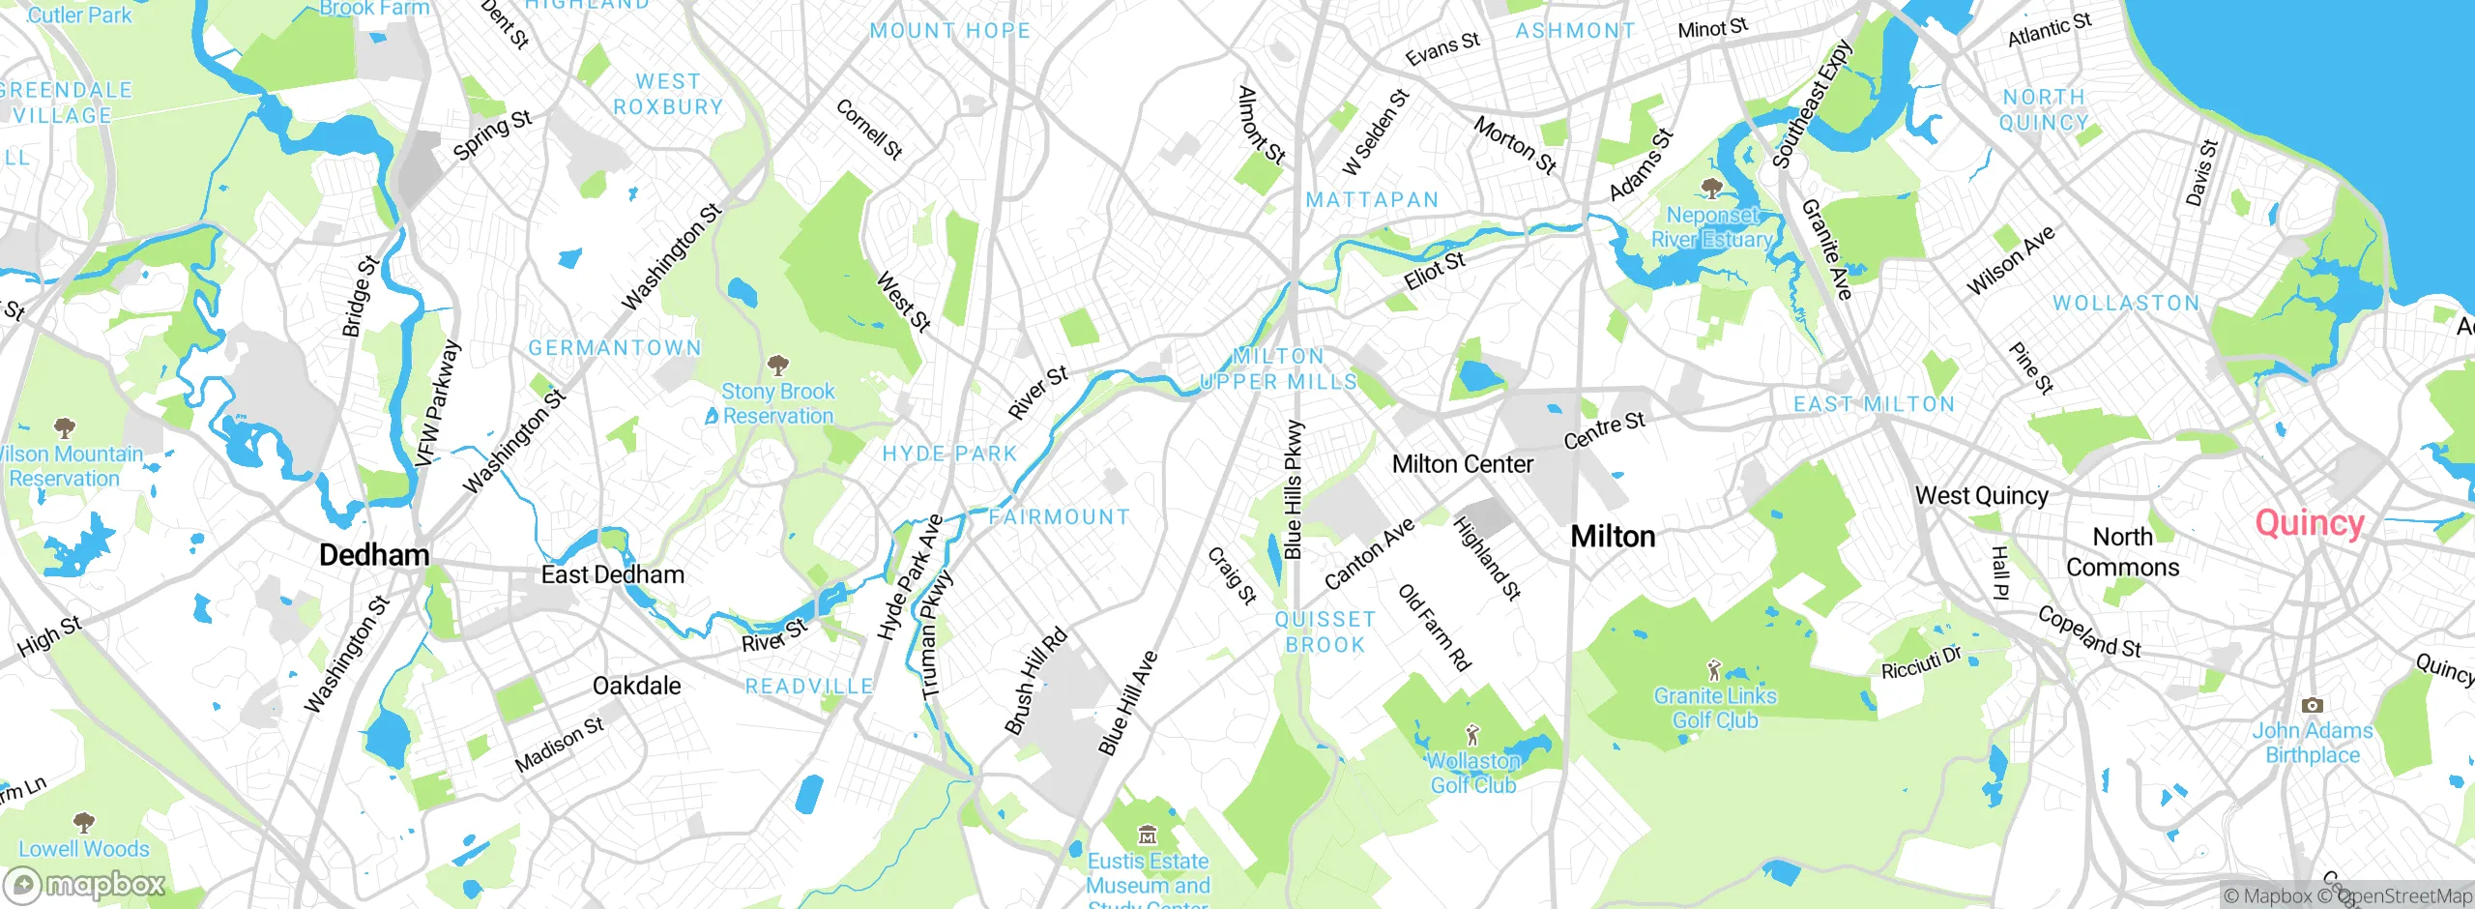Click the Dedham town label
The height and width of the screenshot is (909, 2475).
[x=374, y=555]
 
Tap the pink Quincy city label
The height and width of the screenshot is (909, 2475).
[x=2310, y=523]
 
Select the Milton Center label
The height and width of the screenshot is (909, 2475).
[x=1462, y=465]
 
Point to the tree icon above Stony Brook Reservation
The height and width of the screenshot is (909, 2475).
[x=777, y=366]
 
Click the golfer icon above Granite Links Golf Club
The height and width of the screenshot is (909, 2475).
[x=1714, y=669]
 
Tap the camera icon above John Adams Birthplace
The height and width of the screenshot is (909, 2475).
[x=2312, y=705]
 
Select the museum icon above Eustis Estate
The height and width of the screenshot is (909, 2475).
[x=1147, y=835]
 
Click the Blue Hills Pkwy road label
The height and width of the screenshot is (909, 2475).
[x=1293, y=489]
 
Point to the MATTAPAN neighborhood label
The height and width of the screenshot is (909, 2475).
[x=1372, y=200]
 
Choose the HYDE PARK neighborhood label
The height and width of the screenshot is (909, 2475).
[x=949, y=454]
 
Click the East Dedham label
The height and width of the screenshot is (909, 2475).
[x=612, y=575]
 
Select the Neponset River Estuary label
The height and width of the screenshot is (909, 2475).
[x=1712, y=227]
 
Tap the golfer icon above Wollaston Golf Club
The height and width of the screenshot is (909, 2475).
[x=1472, y=736]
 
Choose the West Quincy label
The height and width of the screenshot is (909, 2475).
[x=1981, y=496]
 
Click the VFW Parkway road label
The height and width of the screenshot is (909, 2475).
[x=437, y=403]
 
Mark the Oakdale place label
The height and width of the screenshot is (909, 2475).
[x=636, y=687]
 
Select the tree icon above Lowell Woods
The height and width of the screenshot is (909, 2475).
[x=84, y=823]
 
